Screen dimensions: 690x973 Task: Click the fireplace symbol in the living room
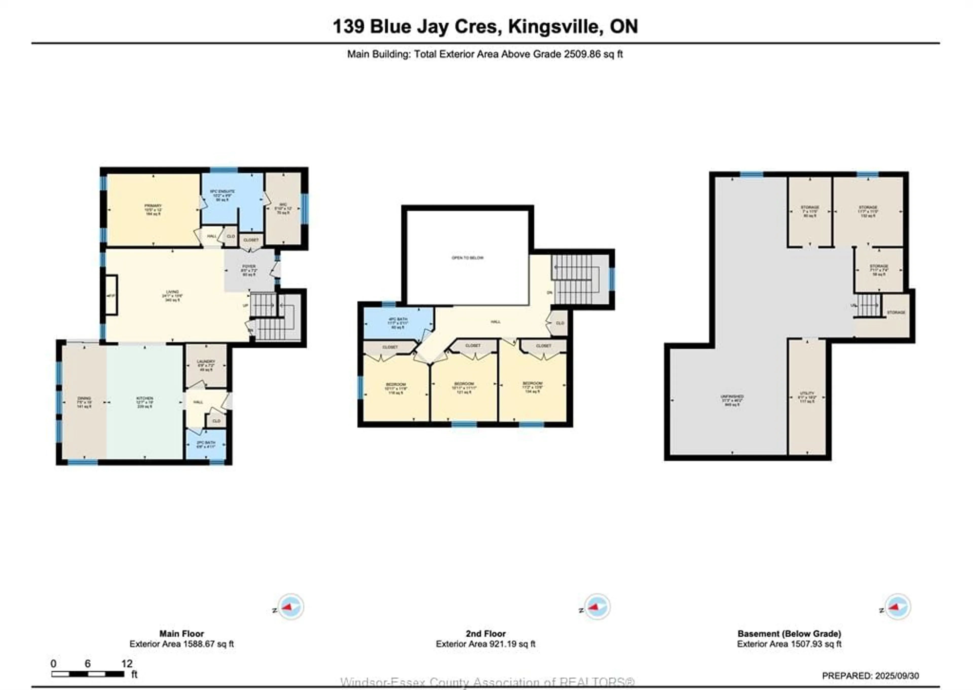[x=111, y=295]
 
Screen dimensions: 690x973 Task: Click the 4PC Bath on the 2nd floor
[x=398, y=323]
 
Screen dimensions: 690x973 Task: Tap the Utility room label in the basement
[x=807, y=396]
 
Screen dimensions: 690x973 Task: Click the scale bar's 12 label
[x=127, y=663]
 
